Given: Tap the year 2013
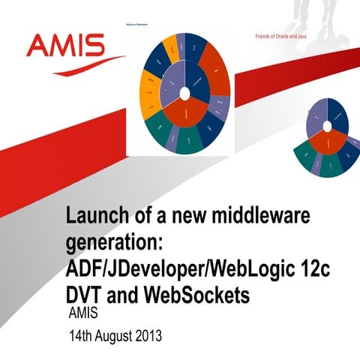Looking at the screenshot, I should click(149, 334).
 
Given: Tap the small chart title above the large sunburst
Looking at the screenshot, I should click(135, 25).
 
